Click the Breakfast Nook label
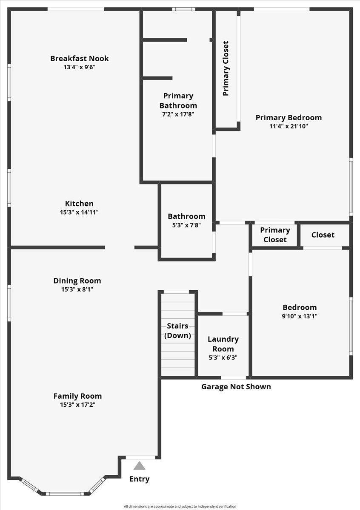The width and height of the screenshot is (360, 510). click(x=80, y=59)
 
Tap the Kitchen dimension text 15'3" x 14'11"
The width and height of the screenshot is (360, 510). click(x=79, y=212)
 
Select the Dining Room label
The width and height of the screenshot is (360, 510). click(x=77, y=280)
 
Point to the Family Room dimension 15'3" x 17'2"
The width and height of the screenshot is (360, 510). click(x=77, y=405)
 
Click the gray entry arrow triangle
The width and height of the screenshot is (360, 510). click(x=139, y=466)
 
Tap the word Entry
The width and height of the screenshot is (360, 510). click(x=140, y=479)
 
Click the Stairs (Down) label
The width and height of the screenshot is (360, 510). click(x=177, y=331)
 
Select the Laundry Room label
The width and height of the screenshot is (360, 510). click(x=223, y=344)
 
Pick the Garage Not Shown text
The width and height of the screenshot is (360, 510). click(x=236, y=387)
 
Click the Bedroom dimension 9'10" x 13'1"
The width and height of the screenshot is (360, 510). click(x=300, y=316)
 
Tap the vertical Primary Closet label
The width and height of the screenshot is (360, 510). click(x=226, y=68)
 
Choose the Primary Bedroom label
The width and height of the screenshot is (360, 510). click(x=289, y=118)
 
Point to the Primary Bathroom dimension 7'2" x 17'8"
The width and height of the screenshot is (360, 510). click(x=178, y=114)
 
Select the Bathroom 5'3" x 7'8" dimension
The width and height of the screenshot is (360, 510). click(x=186, y=225)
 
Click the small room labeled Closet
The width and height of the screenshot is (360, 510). click(x=323, y=235)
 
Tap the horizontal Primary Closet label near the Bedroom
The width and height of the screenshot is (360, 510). click(x=275, y=235)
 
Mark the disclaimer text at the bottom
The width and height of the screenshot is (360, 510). click(x=180, y=506)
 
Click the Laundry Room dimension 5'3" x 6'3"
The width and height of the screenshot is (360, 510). click(x=223, y=357)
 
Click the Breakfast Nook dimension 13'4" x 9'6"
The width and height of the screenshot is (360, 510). click(x=79, y=67)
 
